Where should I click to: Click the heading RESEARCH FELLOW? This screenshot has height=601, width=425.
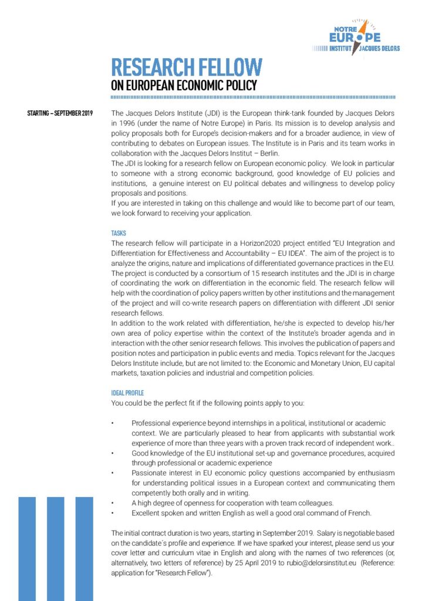187,66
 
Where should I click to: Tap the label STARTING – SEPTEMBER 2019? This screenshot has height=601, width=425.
60,112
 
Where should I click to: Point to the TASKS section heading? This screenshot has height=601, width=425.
118,233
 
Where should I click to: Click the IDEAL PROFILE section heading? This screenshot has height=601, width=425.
127,393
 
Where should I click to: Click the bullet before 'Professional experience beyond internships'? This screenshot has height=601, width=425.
113,423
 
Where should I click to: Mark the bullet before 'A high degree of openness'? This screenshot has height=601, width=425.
113,503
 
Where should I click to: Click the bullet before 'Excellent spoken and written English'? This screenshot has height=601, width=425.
113,513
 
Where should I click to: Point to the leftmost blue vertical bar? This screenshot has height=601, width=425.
27,549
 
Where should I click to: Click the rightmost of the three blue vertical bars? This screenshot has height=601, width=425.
84,549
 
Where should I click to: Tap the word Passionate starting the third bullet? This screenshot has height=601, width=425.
150,473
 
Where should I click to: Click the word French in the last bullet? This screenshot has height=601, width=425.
358,513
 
